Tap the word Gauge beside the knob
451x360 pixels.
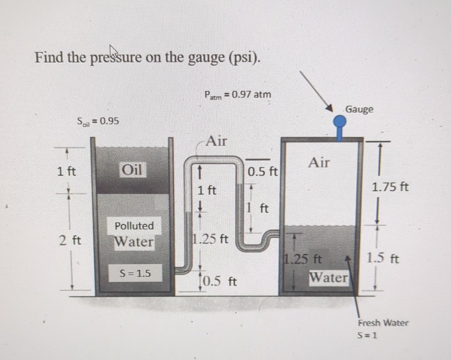point(359,109)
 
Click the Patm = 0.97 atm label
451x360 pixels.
point(238,94)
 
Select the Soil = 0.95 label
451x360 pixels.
point(98,121)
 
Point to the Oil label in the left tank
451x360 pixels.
point(133,169)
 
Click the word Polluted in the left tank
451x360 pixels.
point(134,225)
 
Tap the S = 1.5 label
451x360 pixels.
point(135,272)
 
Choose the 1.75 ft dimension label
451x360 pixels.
point(390,187)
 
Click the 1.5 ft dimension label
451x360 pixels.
point(383,258)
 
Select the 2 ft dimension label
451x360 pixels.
point(68,240)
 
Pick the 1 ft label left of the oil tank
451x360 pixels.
point(66,171)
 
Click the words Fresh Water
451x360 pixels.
point(383,322)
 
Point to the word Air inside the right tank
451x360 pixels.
point(319,162)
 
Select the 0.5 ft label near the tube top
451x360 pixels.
point(263,172)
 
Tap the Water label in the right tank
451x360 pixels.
point(328,277)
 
